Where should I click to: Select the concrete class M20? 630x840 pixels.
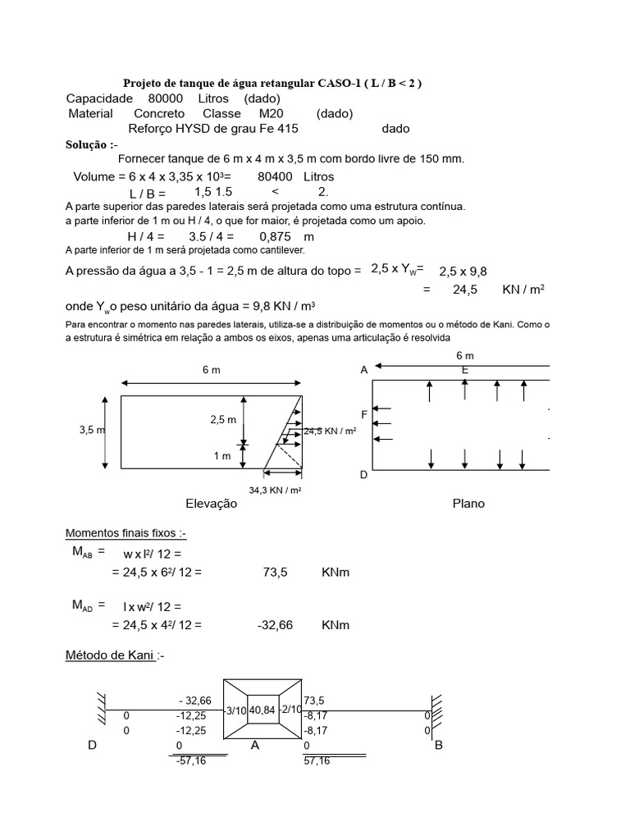pos(270,113)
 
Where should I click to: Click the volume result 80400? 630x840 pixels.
pos(275,176)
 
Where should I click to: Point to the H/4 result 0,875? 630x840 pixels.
pos(264,236)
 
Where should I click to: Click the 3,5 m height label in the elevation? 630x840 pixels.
pos(92,430)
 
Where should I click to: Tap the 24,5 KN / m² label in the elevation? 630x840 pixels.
pos(331,431)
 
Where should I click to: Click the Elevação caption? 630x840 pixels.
pos(211,504)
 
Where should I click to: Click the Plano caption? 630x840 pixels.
pos(468,504)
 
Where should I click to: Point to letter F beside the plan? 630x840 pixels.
pos(364,415)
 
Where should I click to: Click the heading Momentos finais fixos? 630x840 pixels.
pos(126,533)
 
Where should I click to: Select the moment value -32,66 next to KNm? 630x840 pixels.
pos(276,625)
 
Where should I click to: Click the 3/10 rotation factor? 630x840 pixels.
pos(235,710)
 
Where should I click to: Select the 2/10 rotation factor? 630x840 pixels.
pos(290,710)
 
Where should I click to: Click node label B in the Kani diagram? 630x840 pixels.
pos(437,746)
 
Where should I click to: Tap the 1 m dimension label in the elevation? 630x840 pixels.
pos(221,456)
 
